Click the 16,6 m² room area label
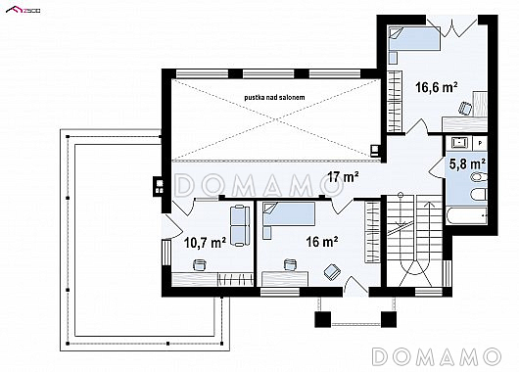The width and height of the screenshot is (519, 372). coord(437,87)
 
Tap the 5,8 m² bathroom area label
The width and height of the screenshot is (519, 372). coord(468,163)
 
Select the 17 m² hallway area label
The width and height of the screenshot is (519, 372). coord(344,177)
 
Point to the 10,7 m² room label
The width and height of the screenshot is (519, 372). coord(205,243)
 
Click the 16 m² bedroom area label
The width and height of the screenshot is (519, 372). coord(322,242)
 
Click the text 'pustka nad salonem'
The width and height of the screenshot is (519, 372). coord(274,97)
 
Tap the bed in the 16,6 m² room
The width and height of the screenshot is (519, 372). coord(414,39)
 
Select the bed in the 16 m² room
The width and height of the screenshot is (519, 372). coord(289,213)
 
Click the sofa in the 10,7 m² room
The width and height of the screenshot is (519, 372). coord(240,226)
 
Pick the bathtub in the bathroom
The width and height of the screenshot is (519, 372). coord(467,215)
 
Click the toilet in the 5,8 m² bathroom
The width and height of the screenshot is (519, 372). coord(479,177)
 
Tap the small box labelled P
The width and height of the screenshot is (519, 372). coord(480,143)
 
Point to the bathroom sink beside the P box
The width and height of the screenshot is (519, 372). coord(460,142)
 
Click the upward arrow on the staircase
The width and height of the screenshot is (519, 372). coord(430,233)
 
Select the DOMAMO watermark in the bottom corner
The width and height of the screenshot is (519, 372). coord(436,356)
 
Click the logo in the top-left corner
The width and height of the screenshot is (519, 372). coord(24,10)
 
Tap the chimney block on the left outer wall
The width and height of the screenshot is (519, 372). coord(160,186)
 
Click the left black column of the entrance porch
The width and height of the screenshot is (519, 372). coord(322,319)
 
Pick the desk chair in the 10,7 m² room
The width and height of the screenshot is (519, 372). coord(199,264)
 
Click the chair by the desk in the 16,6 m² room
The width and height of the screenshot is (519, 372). coord(465,109)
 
